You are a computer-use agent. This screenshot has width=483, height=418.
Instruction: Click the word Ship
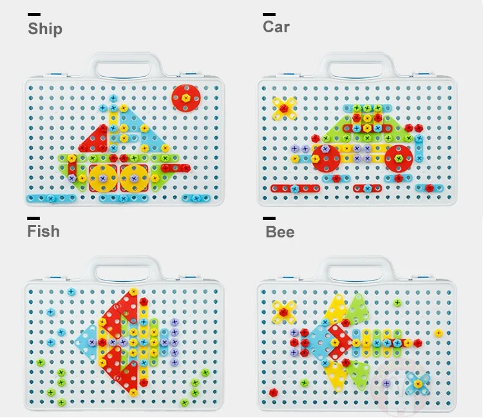tap(45, 28)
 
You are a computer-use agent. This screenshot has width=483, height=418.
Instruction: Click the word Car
tap(276, 27)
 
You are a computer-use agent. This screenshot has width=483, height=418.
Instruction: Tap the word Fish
tap(43, 231)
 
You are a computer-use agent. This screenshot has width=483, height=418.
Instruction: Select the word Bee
tap(279, 232)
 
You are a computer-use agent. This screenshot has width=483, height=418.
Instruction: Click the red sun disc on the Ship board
tap(185, 98)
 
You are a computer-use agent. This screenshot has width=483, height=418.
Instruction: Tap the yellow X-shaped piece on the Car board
tap(284, 108)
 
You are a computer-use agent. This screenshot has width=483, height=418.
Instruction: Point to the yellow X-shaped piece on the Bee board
tap(284, 312)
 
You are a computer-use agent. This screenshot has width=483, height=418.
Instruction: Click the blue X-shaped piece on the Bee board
tap(417, 384)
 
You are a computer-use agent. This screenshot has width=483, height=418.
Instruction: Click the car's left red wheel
tap(326, 158)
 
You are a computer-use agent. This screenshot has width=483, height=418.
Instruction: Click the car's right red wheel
tap(399, 159)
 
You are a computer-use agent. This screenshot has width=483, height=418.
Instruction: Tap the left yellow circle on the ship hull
tap(103, 178)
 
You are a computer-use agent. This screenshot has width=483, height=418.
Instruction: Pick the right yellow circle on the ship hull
tap(134, 178)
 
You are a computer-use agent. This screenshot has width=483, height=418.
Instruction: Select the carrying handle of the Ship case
tap(124, 65)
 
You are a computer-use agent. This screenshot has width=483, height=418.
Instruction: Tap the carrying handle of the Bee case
tap(356, 269)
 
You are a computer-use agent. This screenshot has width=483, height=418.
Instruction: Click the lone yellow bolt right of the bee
tap(439, 333)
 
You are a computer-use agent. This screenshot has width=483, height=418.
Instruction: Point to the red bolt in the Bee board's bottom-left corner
tap(273, 392)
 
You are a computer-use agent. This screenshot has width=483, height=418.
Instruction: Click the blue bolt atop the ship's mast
tap(113, 99)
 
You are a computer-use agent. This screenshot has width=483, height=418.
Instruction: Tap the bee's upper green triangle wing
tap(358, 308)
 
